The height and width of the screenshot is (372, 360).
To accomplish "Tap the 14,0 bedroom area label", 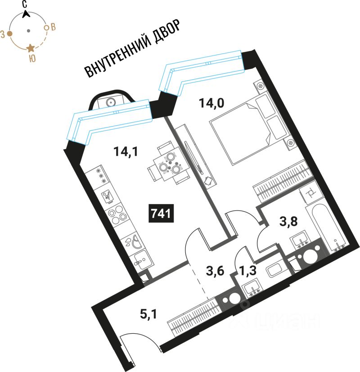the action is (211, 104).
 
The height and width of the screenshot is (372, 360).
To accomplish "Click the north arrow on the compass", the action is (27, 13).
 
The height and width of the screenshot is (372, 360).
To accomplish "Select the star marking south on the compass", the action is (30, 48).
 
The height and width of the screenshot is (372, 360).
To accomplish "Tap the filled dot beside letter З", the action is (10, 33).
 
